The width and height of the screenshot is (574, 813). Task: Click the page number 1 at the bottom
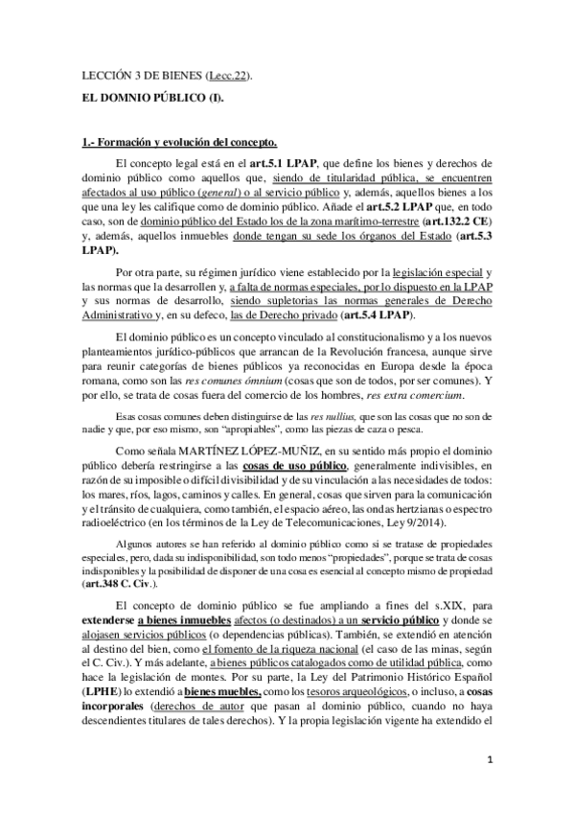tap(489, 760)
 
